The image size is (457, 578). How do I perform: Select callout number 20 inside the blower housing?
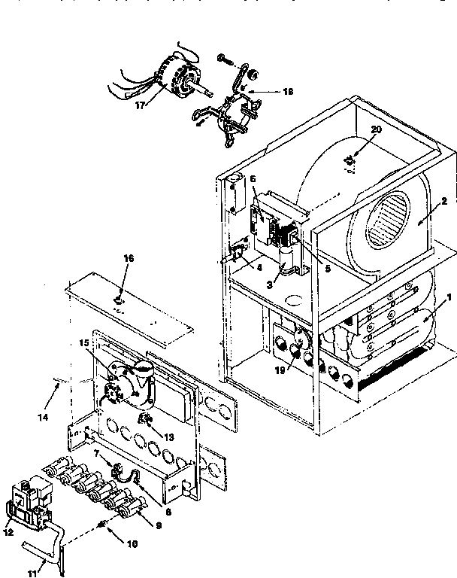[x=377, y=151]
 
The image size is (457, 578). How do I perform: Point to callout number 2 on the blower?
[x=444, y=201]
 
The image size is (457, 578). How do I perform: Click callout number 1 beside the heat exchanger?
[x=449, y=297]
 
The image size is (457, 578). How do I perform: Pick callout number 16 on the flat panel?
[x=129, y=258]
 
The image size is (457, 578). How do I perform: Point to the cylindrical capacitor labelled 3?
[x=286, y=261]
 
